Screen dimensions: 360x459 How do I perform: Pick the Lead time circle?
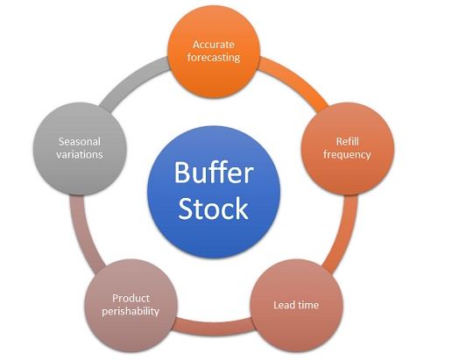click(298, 305)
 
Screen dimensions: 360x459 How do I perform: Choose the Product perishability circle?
click(136, 304)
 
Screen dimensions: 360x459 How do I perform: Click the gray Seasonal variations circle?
click(81, 147)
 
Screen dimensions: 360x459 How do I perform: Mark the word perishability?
click(136, 311)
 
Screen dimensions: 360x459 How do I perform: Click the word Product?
click(136, 297)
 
